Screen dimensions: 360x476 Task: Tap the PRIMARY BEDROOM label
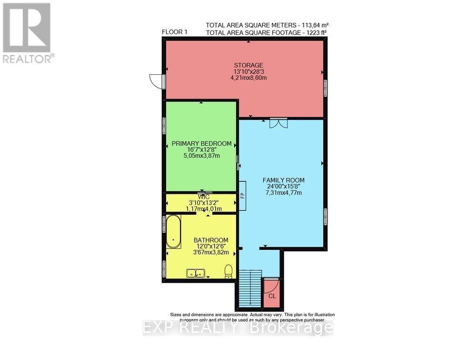(201, 143)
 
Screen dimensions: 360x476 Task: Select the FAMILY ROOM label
(283, 180)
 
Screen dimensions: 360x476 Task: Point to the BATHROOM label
(210, 240)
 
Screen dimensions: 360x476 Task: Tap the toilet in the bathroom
(228, 271)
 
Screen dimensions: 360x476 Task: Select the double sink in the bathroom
(196, 273)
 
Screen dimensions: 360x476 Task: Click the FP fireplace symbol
(242, 195)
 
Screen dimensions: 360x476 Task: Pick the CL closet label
(272, 296)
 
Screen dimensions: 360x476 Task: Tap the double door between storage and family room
(278, 122)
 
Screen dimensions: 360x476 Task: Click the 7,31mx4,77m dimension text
(283, 193)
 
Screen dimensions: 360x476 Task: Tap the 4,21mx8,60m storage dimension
(248, 78)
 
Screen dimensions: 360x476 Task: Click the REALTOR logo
(28, 33)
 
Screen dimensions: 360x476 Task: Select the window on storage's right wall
(326, 88)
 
